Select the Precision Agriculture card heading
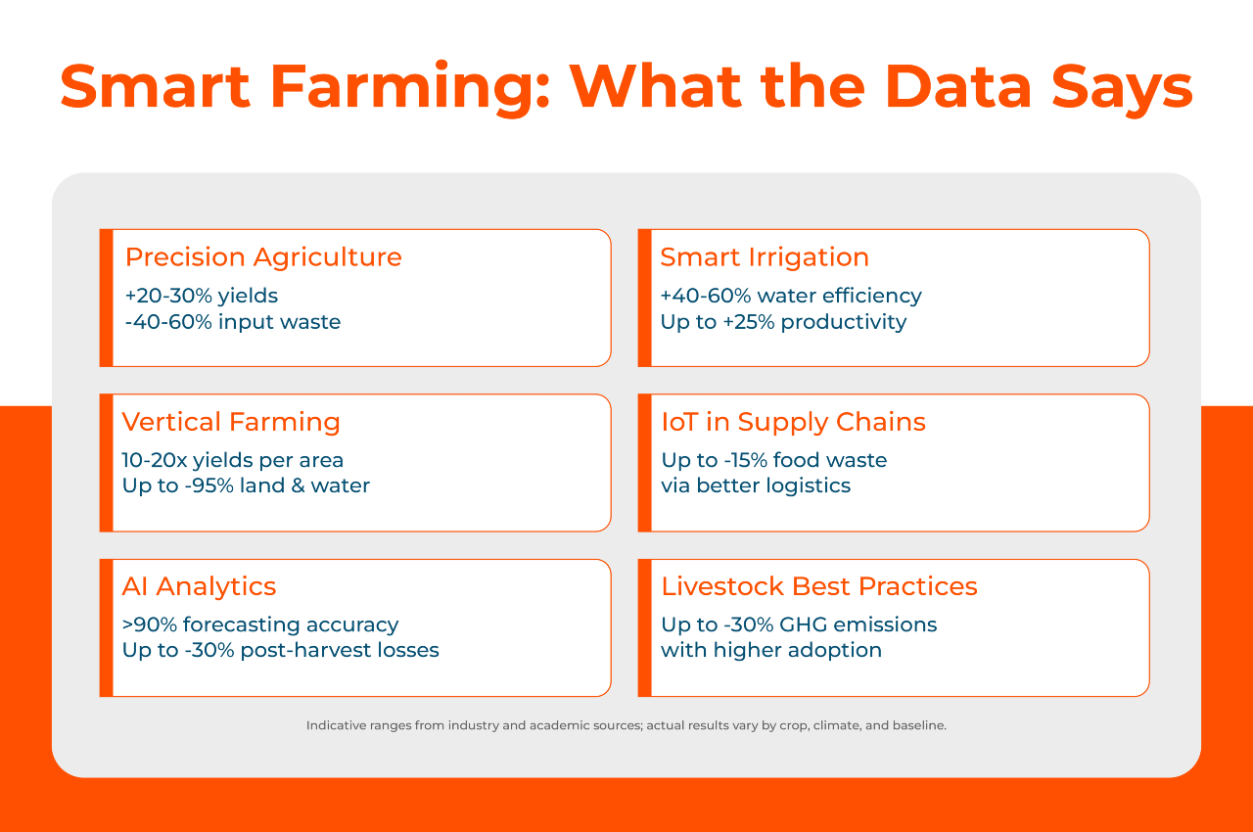coord(263,257)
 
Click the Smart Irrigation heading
coord(765,257)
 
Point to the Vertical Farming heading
coord(231,422)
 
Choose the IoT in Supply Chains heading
coord(793,422)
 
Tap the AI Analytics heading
coord(199,586)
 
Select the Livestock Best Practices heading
coord(819,586)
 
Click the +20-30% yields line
coord(202,296)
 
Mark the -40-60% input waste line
coord(233,321)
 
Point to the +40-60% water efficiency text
coord(791,296)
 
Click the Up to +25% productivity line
coord(783,321)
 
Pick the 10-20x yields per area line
coord(233,460)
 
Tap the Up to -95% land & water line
coord(246,485)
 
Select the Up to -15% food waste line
coord(774,460)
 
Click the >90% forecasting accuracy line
coord(260,624)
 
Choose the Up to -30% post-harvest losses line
coord(280,650)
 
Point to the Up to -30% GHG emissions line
coord(799,624)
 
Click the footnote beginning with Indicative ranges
coord(626,726)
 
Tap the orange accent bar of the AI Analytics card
coord(106,627)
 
